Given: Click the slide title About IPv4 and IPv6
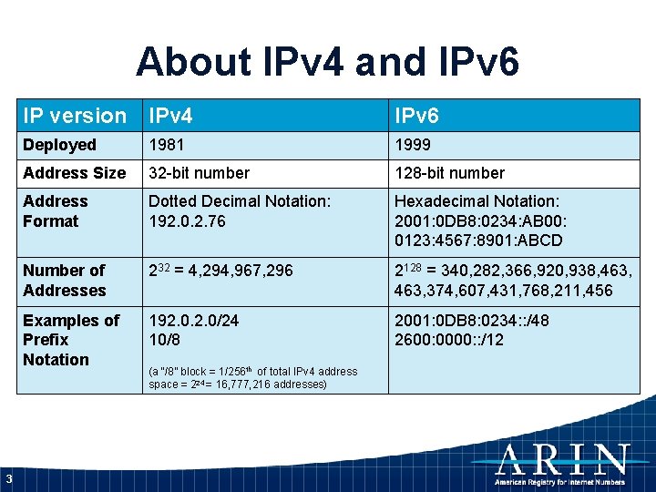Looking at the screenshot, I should [328, 62].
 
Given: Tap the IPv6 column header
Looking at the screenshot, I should [416, 116].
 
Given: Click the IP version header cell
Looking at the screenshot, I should [75, 116].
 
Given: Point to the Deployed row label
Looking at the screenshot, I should [59, 145].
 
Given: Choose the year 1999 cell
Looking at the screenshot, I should [413, 145].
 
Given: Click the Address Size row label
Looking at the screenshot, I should [74, 173].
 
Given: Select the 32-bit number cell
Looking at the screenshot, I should [199, 173].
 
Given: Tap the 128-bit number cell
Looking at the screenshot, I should [449, 173].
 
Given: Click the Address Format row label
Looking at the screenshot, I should [55, 210].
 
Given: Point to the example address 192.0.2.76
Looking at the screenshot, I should [187, 220].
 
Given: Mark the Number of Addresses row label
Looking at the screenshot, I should [64, 280].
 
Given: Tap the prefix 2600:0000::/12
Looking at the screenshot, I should [448, 340].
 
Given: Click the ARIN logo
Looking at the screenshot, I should [562, 465].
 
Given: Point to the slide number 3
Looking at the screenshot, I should [8, 479].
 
